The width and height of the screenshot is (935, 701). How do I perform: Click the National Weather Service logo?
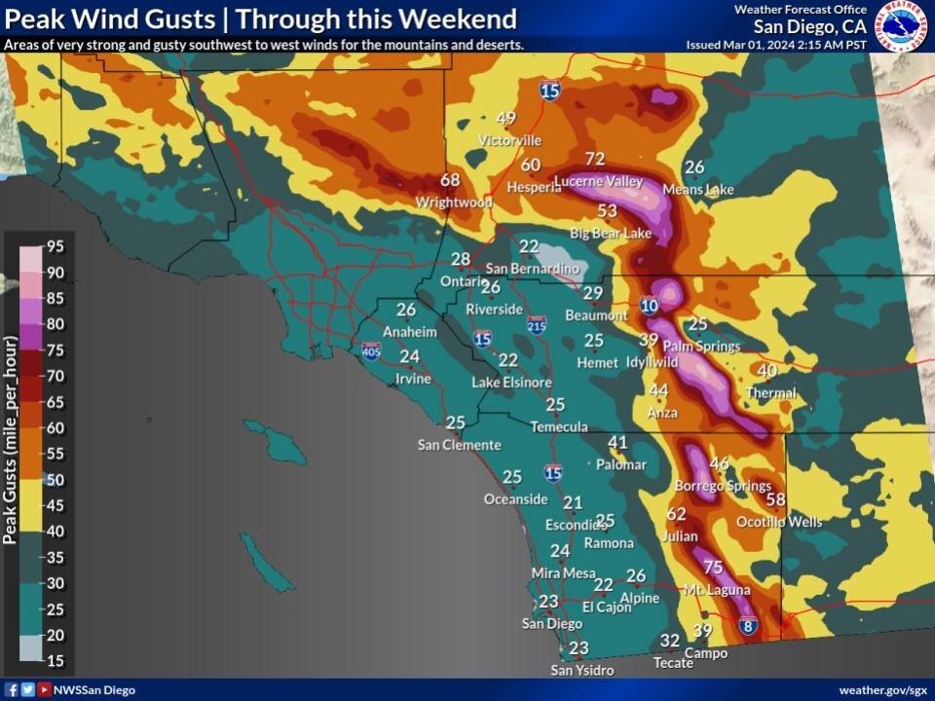(902, 26)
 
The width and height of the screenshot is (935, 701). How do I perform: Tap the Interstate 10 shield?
(650, 306)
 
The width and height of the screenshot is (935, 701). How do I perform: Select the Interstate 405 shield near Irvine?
(371, 350)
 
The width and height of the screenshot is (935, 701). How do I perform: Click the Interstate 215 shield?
(537, 324)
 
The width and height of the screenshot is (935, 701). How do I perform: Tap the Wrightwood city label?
(454, 203)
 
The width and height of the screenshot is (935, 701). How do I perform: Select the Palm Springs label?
(701, 346)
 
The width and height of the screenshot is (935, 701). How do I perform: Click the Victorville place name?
(509, 140)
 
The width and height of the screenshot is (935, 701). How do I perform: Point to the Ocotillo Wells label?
(779, 522)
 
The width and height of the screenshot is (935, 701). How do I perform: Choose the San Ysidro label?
(582, 670)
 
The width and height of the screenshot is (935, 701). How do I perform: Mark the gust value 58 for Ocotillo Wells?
(776, 499)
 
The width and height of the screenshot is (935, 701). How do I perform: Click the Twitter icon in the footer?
(27, 690)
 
